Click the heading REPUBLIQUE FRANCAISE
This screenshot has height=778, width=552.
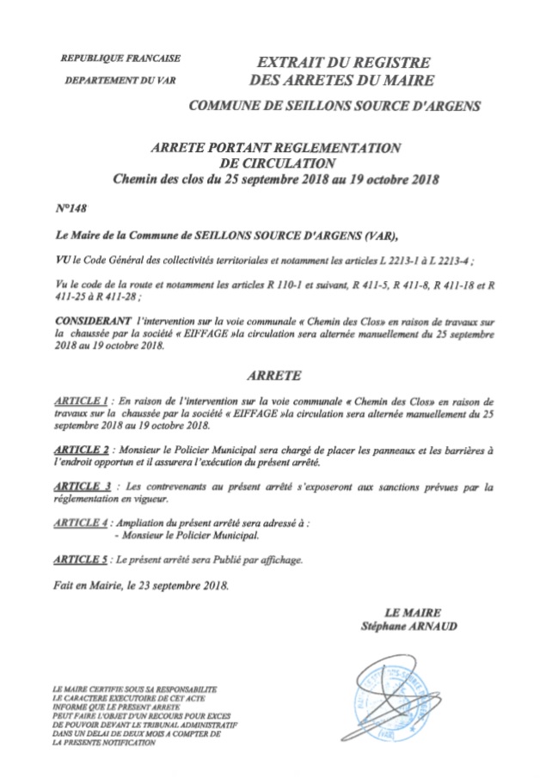pos(120,59)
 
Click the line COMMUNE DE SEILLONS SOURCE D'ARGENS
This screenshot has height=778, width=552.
pos(335,107)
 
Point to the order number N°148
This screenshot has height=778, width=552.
pos(71,207)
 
